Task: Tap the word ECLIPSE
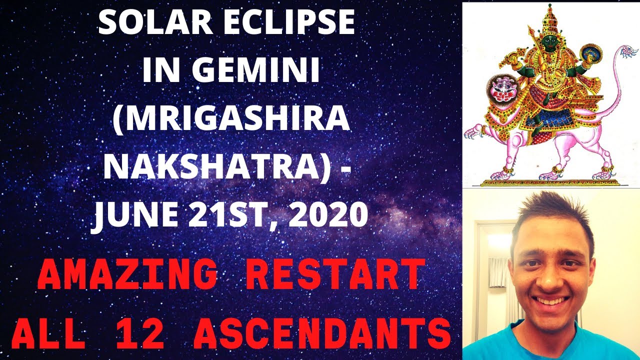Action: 289,22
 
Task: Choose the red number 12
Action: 140,333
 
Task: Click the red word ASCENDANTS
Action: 322,333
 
